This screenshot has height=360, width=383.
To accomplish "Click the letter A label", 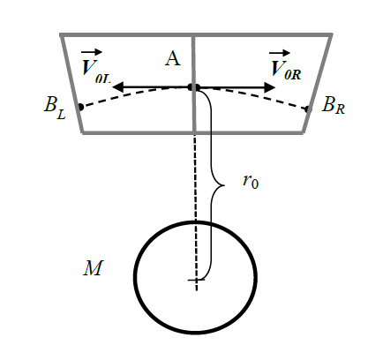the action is click(173, 58).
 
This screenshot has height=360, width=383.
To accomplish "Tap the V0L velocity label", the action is click(95, 71).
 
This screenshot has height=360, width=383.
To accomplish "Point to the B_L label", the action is click(55, 109).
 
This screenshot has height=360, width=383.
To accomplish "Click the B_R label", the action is click(334, 106).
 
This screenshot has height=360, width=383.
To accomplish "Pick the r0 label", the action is click(251, 182).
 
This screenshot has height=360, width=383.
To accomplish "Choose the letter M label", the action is click(93, 268).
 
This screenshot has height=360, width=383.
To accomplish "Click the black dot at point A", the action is click(194, 87).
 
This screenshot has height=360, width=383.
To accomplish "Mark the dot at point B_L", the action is click(81, 107).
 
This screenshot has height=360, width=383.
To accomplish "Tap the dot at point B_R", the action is click(308, 109).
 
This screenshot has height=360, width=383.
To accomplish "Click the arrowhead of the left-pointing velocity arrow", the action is click(118, 87).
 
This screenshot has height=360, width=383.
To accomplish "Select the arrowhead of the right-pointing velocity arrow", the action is click(269, 87).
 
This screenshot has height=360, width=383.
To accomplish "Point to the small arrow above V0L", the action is click(92, 53).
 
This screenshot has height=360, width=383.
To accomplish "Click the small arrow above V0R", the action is click(280, 53).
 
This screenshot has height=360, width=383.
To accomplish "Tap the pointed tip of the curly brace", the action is click(224, 185).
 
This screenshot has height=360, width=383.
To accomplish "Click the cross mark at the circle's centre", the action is click(196, 280).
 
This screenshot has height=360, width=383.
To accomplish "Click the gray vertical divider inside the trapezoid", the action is click(193, 84).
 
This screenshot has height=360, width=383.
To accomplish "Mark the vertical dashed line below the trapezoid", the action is click(195, 212).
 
